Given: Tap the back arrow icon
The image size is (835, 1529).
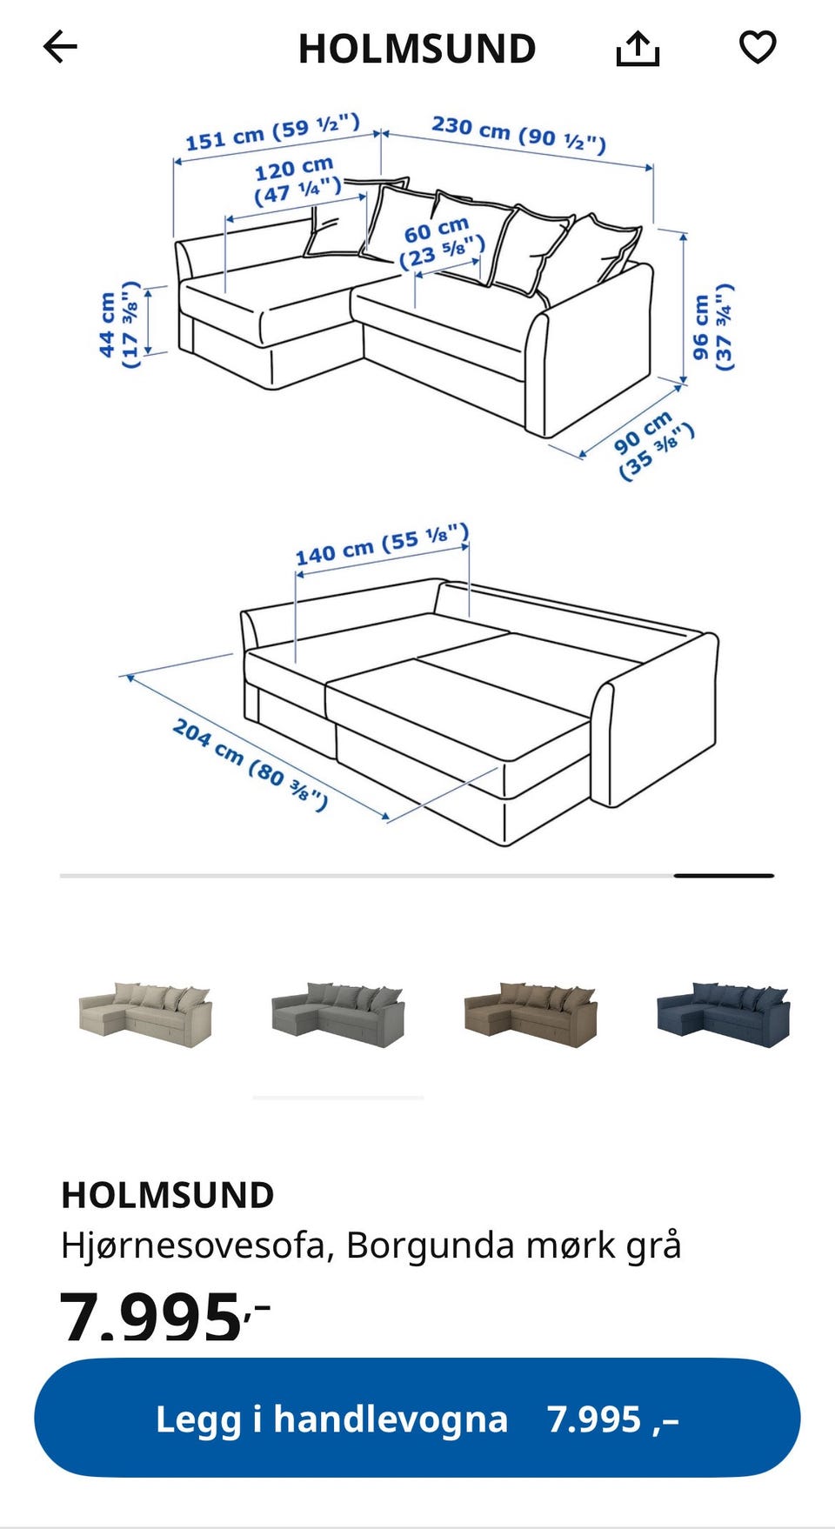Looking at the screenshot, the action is (60, 47).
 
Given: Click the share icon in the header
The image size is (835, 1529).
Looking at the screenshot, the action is (638, 49).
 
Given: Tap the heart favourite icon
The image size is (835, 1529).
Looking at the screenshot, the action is (758, 47).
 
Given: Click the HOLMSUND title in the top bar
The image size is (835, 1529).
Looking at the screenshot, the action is (417, 49).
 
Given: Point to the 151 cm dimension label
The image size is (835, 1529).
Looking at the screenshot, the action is (272, 132).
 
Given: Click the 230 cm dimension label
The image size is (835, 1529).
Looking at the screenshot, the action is (519, 134).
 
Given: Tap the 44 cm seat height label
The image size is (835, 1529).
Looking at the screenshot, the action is (118, 324).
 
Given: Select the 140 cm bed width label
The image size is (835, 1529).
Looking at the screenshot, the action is (382, 544).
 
